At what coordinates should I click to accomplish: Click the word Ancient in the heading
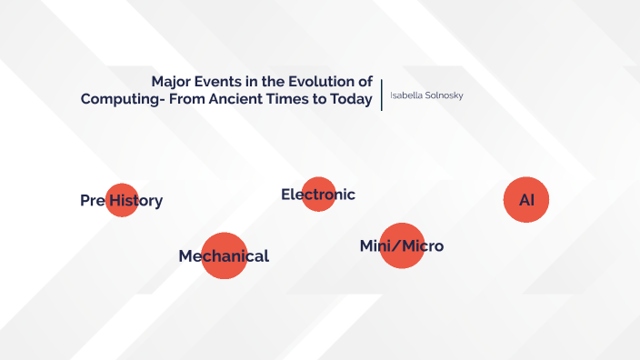click(232, 100)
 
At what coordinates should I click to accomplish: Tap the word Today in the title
click(352, 100)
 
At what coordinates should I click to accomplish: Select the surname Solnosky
click(445, 95)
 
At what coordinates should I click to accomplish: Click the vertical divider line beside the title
click(382, 95)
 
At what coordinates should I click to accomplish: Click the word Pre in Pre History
click(92, 201)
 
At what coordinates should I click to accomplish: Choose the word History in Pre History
click(136, 201)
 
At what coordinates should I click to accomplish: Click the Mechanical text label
click(224, 256)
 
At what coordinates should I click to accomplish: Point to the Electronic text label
click(318, 195)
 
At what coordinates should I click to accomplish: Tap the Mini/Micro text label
click(402, 246)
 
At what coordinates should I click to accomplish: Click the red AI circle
click(526, 200)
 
